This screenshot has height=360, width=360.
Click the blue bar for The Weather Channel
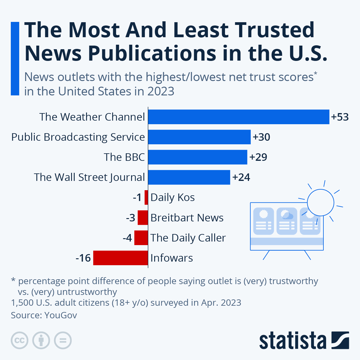tap(238, 117)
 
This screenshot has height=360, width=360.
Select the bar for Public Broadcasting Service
tap(199, 137)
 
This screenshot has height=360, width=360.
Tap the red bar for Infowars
tap(121, 258)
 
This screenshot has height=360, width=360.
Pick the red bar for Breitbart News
tap(143, 217)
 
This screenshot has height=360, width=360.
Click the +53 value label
tap(340, 117)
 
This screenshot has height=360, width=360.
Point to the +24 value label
tap(241, 177)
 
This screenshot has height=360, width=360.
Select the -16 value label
tap(83, 258)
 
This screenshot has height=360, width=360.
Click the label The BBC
tap(124, 157)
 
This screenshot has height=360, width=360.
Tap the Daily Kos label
tap(172, 197)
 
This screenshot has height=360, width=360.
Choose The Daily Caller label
tap(188, 238)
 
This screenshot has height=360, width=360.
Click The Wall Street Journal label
tap(89, 177)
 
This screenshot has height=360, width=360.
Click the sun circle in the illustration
tap(321, 202)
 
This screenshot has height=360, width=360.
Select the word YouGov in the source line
tap(61, 315)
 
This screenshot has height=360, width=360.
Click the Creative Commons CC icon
tap(19, 340)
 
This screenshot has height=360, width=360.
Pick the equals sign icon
tap(63, 340)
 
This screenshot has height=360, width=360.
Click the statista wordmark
tap(292, 340)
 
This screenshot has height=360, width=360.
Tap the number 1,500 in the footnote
tap(22, 302)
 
